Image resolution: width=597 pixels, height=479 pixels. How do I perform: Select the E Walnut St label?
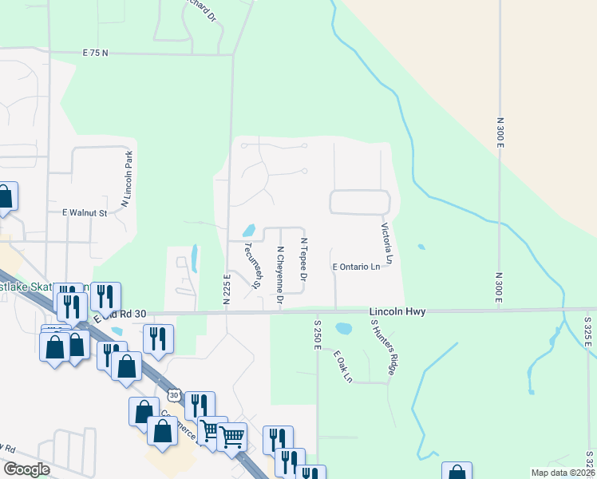click(85, 213)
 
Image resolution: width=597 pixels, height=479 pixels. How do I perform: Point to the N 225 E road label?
click(227, 290)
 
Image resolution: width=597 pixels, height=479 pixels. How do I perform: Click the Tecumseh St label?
click(254, 264)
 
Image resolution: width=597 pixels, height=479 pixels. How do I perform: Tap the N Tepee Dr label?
click(303, 259)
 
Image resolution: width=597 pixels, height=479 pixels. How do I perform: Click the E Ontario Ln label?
click(356, 267)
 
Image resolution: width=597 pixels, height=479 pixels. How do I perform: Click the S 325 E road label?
click(588, 331)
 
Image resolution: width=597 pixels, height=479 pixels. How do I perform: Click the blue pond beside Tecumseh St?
click(248, 232)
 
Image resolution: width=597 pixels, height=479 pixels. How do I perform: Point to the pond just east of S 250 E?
click(344, 328)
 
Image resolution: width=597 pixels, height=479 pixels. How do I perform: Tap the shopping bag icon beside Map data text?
click(457, 471)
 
